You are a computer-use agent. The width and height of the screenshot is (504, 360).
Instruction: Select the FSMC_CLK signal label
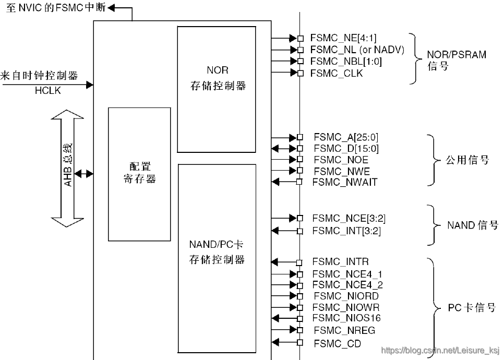tap(337, 73)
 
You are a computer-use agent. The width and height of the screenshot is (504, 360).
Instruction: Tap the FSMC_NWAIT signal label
tap(344, 182)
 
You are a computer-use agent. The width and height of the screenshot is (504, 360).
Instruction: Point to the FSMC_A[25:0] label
tap(346, 137)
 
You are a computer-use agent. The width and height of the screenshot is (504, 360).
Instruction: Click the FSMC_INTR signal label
tap(340, 261)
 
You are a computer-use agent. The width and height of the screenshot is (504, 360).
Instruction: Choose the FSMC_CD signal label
tap(337, 343)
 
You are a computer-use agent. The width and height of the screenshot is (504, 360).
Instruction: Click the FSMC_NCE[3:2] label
tap(349, 218)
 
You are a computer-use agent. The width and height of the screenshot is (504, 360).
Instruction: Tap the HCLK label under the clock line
tap(47, 91)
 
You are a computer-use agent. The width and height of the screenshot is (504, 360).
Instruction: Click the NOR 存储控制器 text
tap(217, 78)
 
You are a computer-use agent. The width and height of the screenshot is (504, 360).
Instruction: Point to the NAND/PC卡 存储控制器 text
tap(217, 251)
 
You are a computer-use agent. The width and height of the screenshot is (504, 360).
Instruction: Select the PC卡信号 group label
tap(472, 308)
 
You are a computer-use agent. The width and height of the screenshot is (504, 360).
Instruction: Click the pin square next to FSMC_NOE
tap(300, 160)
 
